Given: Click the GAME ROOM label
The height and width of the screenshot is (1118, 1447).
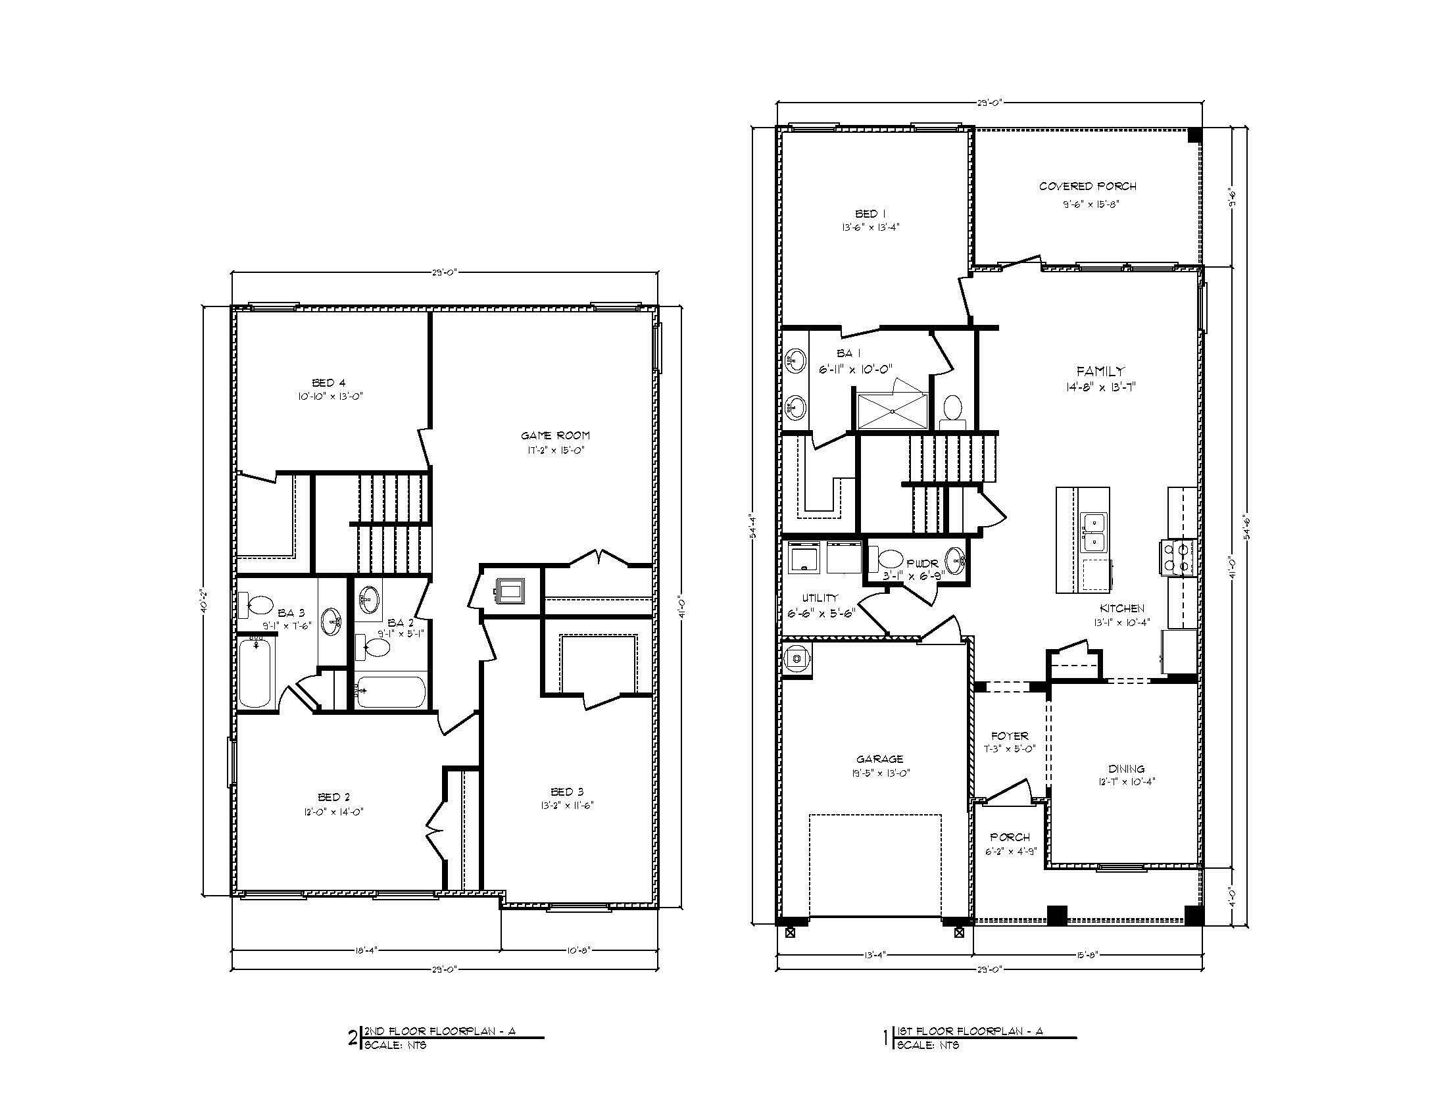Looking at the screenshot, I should point(554,435).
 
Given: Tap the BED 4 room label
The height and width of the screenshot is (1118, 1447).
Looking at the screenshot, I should point(329,382).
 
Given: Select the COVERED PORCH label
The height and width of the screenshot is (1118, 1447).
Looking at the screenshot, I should point(1087,186).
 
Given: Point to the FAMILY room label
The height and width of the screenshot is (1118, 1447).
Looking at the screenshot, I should point(1100,371).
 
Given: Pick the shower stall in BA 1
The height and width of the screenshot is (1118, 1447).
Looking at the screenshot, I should point(892,411).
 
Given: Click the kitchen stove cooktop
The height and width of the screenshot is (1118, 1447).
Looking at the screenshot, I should point(1176,557).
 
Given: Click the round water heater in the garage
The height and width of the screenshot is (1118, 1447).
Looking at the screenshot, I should point(796,659).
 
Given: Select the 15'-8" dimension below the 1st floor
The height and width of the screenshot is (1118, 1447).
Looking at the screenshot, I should point(1087,954).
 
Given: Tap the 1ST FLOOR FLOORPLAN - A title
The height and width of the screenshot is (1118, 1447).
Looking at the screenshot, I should point(969,1031).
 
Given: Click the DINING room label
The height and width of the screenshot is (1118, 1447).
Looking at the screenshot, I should point(1126,768).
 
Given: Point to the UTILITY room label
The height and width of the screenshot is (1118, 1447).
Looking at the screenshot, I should point(820,597).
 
